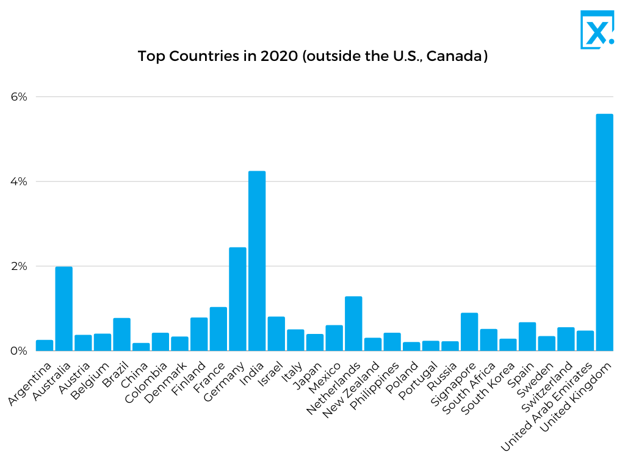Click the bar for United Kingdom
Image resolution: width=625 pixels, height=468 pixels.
[x=604, y=232]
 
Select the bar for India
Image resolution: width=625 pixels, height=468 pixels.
[x=257, y=261]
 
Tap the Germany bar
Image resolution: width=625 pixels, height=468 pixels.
[x=237, y=299]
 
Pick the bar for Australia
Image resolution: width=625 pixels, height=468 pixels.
[x=64, y=308]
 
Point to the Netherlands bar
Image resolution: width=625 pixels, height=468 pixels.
[x=353, y=324]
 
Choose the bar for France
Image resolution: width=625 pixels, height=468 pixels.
[x=219, y=329]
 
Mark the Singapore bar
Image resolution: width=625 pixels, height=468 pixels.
[x=469, y=331]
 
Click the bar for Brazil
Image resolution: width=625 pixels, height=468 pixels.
[x=121, y=335]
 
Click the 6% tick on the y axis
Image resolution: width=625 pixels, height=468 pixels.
[x=19, y=97]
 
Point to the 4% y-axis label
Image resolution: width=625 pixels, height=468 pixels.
[x=19, y=182]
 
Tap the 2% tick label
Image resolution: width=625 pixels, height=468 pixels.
[x=19, y=266]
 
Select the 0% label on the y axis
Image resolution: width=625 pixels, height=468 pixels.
[x=19, y=351]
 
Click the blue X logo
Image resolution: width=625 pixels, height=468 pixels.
[x=596, y=29]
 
